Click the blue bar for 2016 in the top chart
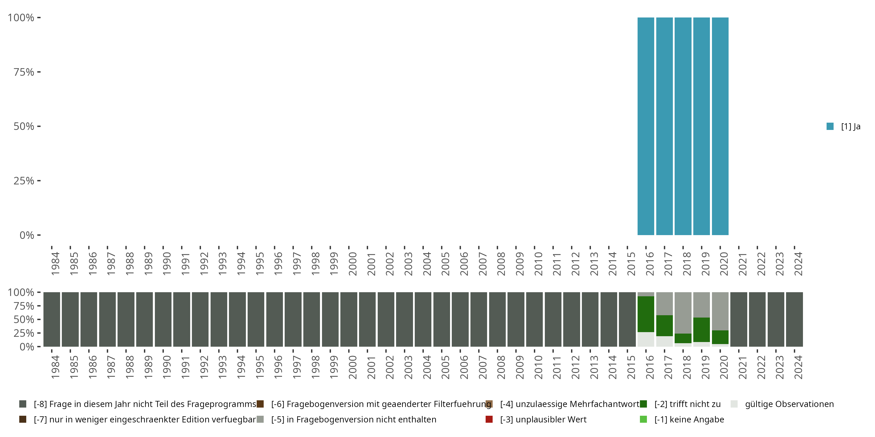coord(646,126)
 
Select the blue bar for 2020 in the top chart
coord(720,126)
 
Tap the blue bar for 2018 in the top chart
coord(683,126)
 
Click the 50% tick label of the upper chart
coord(24,126)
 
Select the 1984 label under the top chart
coord(55,264)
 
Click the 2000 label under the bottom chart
coord(352,367)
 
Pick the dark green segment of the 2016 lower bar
coord(646,314)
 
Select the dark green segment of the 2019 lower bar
coord(701,329)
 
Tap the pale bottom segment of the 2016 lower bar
coord(646,339)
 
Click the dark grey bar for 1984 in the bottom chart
coord(52,319)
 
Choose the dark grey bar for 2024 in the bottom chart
coord(794,319)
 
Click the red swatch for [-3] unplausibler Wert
coord(489,419)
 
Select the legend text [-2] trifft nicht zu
coord(687,404)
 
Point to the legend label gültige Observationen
coord(789,404)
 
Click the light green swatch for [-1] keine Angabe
coord(643,419)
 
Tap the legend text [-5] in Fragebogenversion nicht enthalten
coord(353,419)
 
